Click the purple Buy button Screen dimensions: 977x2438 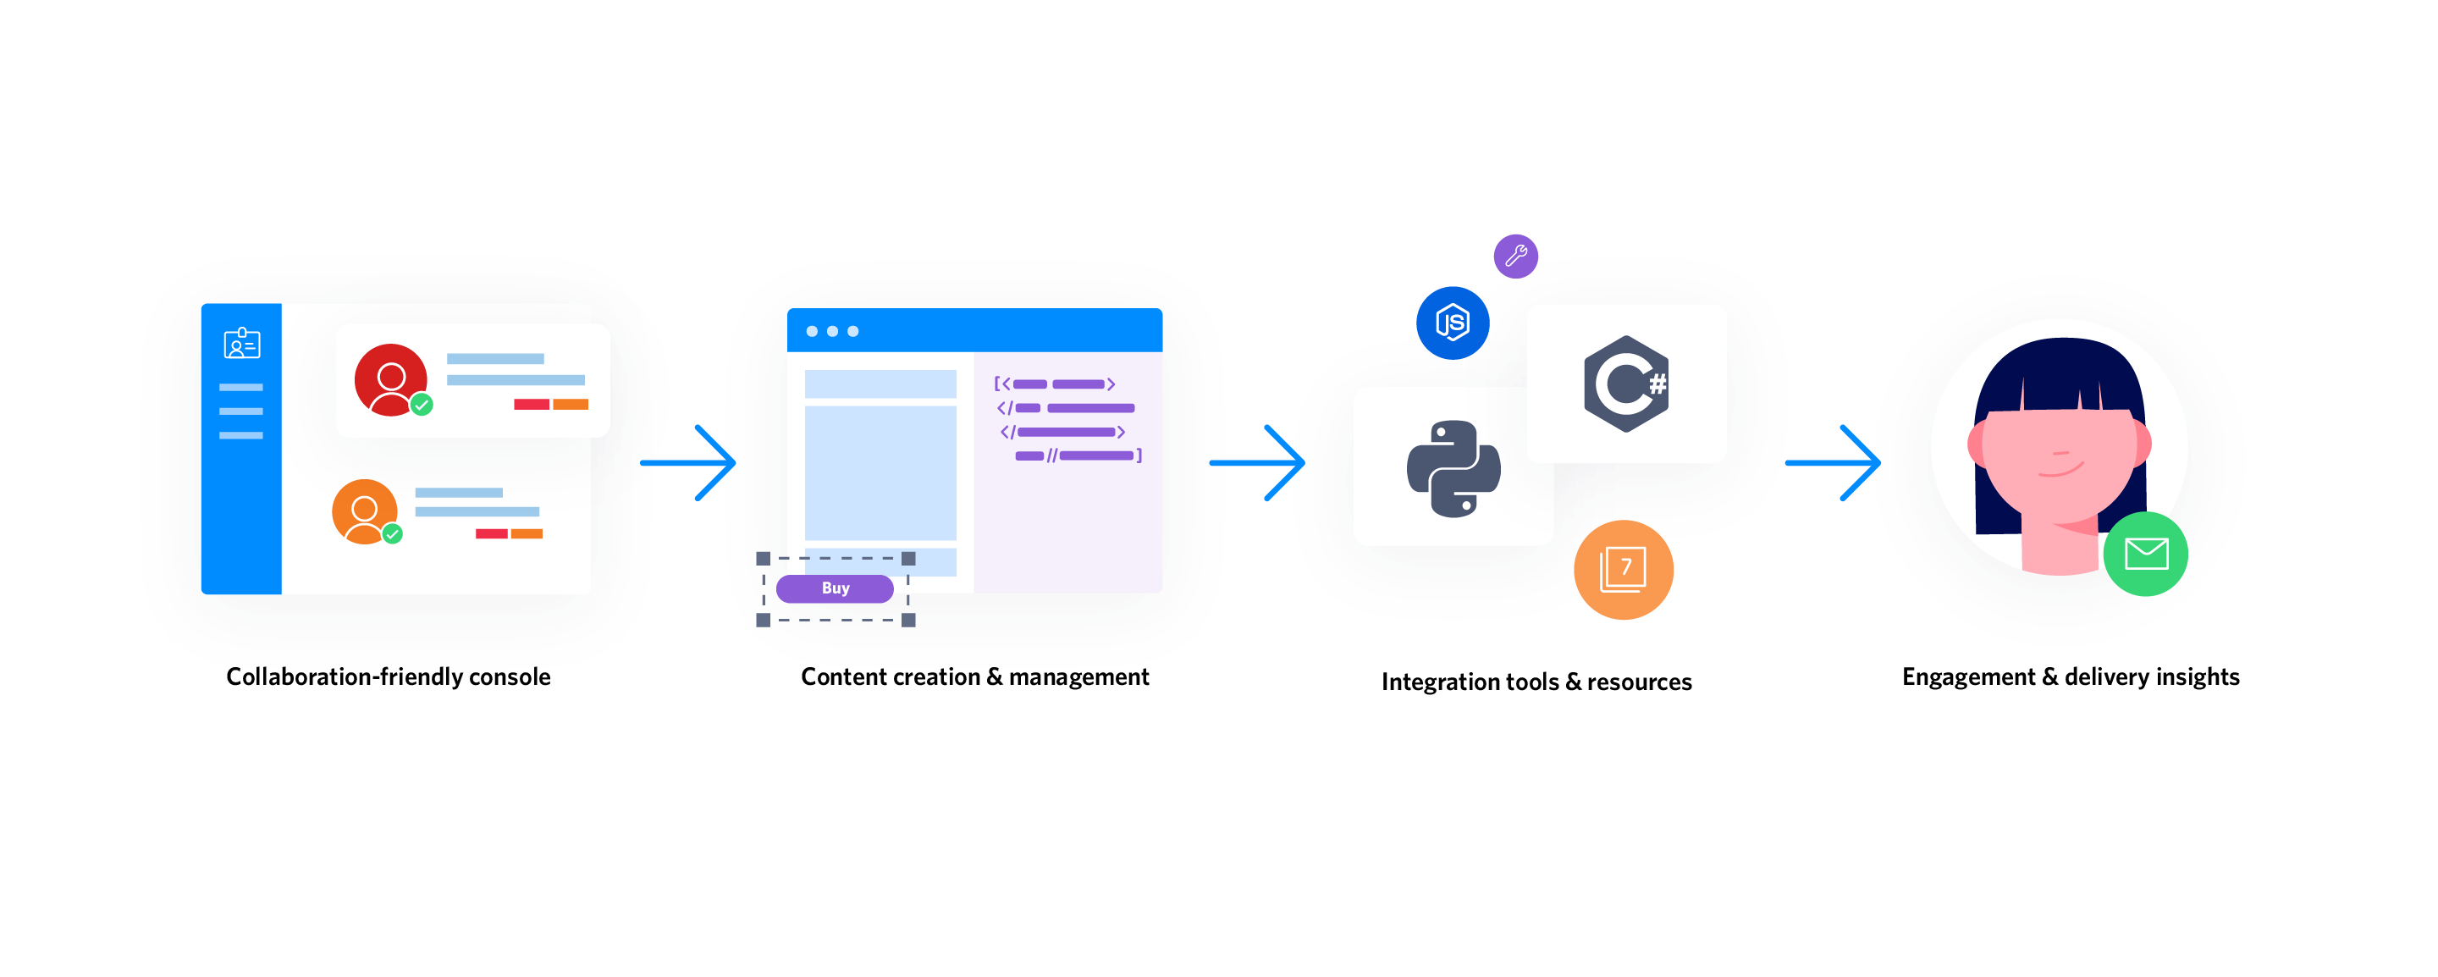pyautogui.click(x=834, y=588)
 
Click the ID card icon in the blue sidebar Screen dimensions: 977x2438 pyautogui.click(x=241, y=344)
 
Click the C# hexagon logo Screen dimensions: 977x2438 pyautogui.click(x=1626, y=384)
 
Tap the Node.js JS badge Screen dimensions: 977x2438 pyautogui.click(x=1452, y=323)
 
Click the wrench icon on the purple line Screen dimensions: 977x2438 pyautogui.click(x=1516, y=256)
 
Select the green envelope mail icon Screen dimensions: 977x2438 pyautogui.click(x=2146, y=554)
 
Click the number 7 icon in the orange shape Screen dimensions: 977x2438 pyautogui.click(x=1624, y=568)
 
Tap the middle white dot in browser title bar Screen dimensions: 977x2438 pyautogui.click(x=832, y=331)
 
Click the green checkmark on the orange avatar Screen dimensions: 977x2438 pyautogui.click(x=392, y=534)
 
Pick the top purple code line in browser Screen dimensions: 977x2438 pyautogui.click(x=1056, y=384)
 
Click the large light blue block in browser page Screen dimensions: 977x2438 pyautogui.click(x=880, y=472)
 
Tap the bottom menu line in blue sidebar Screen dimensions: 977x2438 pyautogui.click(x=240, y=435)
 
